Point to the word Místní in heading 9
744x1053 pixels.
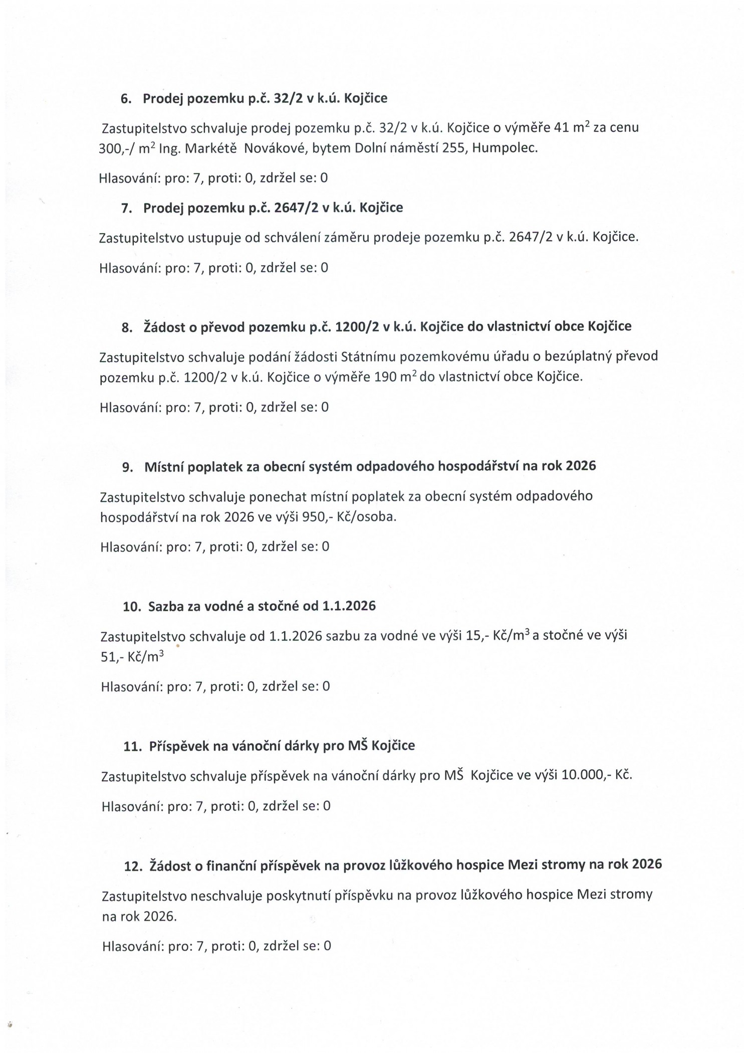pos(161,467)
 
